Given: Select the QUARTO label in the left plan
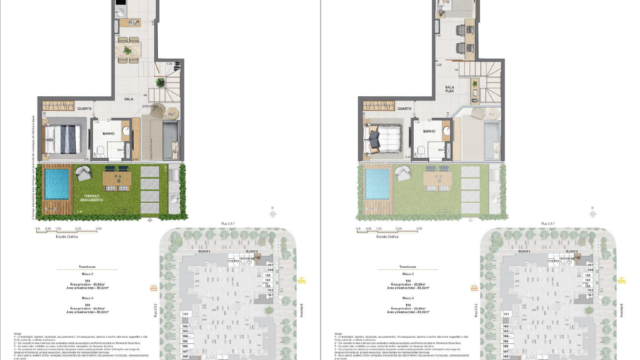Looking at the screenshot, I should coord(84,107).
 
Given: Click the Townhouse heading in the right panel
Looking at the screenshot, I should coord(409,267).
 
